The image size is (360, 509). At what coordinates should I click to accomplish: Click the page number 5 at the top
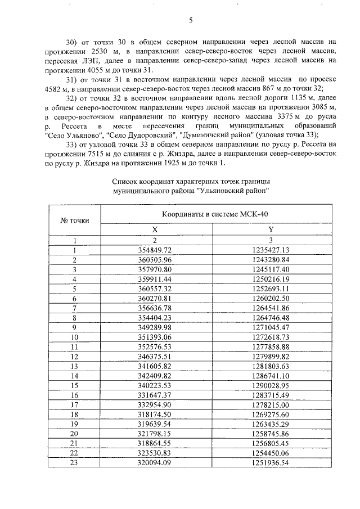click(191, 21)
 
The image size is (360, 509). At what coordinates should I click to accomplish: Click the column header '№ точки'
click(74, 220)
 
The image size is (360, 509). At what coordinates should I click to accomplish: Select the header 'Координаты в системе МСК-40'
click(214, 214)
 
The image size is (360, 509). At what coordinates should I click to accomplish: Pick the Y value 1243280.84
click(271, 259)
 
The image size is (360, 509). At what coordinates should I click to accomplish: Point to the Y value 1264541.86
click(271, 308)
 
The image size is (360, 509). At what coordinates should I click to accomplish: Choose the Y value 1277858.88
click(271, 347)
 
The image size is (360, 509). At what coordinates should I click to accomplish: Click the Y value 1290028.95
click(271, 386)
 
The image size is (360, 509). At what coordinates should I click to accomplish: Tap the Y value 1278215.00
click(271, 405)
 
